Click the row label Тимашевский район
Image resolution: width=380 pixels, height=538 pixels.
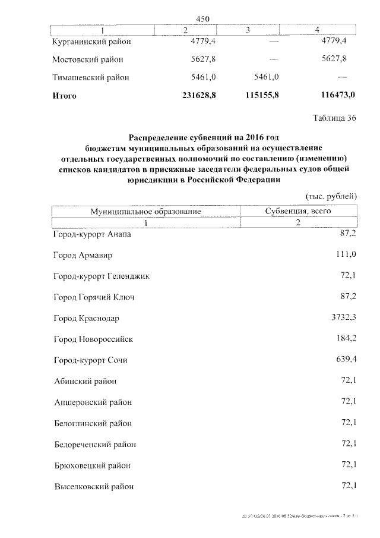pos(90,77)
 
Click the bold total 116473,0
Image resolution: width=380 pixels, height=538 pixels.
pos(334,95)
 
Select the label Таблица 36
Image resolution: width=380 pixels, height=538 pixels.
pos(334,117)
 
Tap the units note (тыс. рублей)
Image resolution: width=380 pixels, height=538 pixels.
pos(331,196)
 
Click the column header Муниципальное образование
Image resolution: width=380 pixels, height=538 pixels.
pos(145,211)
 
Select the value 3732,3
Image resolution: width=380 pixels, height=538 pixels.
pos(343,317)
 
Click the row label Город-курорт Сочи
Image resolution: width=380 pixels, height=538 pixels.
pos(90,360)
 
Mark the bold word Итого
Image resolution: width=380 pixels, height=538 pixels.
pos(65,95)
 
